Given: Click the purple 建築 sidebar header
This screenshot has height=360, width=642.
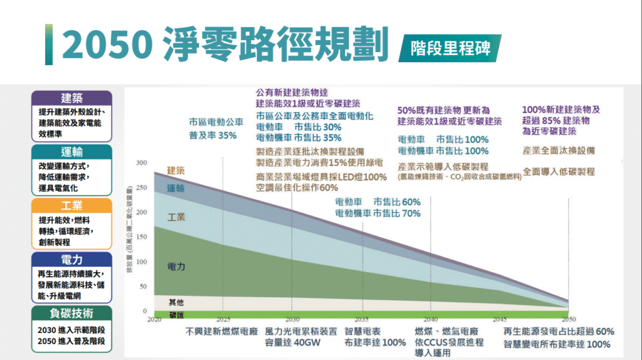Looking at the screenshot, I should (71, 98).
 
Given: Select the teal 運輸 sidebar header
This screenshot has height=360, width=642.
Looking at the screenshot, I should (71, 152).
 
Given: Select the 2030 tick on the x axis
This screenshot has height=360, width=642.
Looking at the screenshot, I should (292, 319).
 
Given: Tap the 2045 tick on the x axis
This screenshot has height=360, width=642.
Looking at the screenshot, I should (498, 319).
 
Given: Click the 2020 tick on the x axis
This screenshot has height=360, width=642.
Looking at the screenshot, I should (154, 319).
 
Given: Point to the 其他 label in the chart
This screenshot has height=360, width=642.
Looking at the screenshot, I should (177, 302).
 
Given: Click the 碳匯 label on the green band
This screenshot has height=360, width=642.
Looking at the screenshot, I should (177, 314).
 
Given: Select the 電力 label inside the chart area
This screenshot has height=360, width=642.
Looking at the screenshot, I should (176, 267).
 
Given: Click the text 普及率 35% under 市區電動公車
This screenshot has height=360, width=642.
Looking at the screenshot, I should (213, 135).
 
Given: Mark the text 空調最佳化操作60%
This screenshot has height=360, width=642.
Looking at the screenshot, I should (297, 188).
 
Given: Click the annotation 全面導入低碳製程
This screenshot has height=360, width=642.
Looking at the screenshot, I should (559, 171).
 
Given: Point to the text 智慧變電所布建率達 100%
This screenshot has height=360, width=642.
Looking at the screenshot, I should (557, 344).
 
